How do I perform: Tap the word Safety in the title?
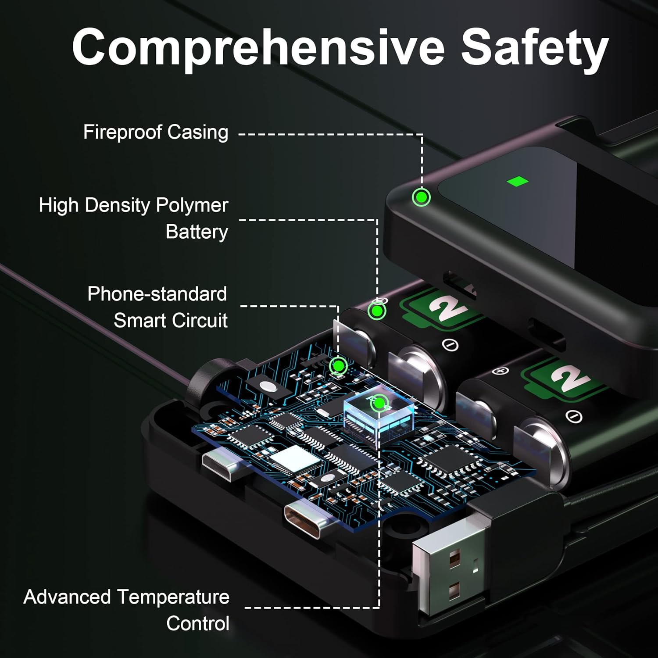[x=535, y=48]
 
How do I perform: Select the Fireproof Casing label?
[x=156, y=132]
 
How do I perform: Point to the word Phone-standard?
[x=157, y=294]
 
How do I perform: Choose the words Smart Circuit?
[x=171, y=321]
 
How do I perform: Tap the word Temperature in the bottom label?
[x=174, y=597]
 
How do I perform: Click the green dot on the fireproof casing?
[x=422, y=197]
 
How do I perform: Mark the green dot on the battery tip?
[x=376, y=311]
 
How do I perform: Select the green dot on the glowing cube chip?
[x=378, y=404]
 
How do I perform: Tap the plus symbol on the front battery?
[x=500, y=371]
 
